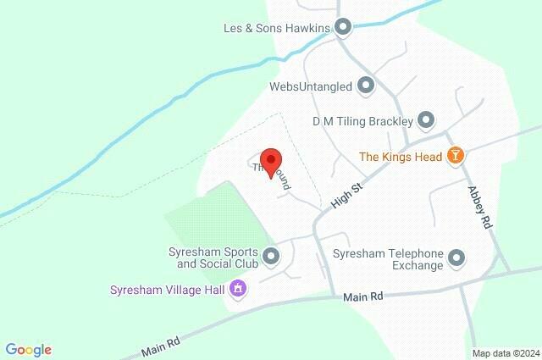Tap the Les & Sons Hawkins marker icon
343,28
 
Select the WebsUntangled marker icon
366,86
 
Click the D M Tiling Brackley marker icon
426,120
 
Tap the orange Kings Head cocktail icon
456,156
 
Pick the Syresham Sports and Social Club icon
271,255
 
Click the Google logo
28,349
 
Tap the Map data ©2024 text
505,353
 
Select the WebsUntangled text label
310,86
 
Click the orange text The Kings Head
401,156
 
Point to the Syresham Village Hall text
167,290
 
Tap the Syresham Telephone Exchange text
389,259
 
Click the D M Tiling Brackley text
362,120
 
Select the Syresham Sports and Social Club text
212,257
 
